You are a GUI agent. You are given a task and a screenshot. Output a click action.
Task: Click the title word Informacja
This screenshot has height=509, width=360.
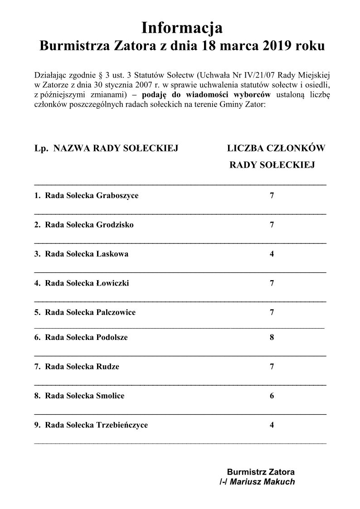182,28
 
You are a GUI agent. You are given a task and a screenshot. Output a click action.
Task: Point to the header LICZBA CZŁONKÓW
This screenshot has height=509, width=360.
276,148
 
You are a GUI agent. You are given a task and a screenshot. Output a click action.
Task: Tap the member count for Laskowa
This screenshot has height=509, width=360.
272,254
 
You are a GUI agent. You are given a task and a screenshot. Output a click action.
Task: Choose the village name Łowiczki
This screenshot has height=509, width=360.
113,283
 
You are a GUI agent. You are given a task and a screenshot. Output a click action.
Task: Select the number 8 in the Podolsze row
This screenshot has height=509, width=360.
272,337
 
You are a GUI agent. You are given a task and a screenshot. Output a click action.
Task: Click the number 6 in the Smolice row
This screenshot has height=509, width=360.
272,396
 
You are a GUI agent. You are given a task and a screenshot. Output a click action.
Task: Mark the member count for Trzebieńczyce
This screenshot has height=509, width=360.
272,425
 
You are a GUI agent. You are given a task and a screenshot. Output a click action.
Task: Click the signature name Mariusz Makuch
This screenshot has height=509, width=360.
262,482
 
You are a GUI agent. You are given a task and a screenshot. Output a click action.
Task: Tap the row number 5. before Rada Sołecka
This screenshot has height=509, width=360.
38,312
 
